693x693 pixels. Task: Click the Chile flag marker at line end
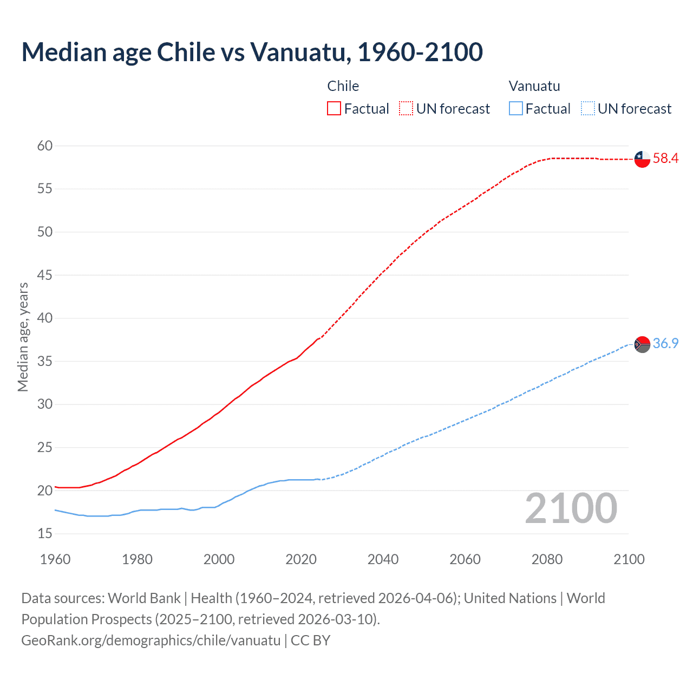(642, 159)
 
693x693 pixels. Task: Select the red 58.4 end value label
(665, 159)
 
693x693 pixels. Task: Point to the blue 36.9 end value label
(665, 344)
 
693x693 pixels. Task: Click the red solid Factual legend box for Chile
(334, 109)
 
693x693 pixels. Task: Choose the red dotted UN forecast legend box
(406, 109)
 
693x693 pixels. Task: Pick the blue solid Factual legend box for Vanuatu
(515, 109)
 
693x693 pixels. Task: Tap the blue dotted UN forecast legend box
(587, 109)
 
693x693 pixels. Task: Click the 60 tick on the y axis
(45, 146)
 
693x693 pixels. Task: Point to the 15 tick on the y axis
(45, 534)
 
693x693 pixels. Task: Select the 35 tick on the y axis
(45, 361)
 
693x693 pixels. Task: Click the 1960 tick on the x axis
(55, 559)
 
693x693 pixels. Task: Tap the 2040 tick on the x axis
(383, 559)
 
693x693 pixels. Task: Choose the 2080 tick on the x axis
(547, 559)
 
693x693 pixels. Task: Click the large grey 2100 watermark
(571, 508)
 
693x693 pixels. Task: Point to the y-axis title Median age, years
(23, 337)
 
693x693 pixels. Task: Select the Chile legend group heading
(343, 86)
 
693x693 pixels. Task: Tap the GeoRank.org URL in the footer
(151, 640)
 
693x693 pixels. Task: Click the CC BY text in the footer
(310, 640)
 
